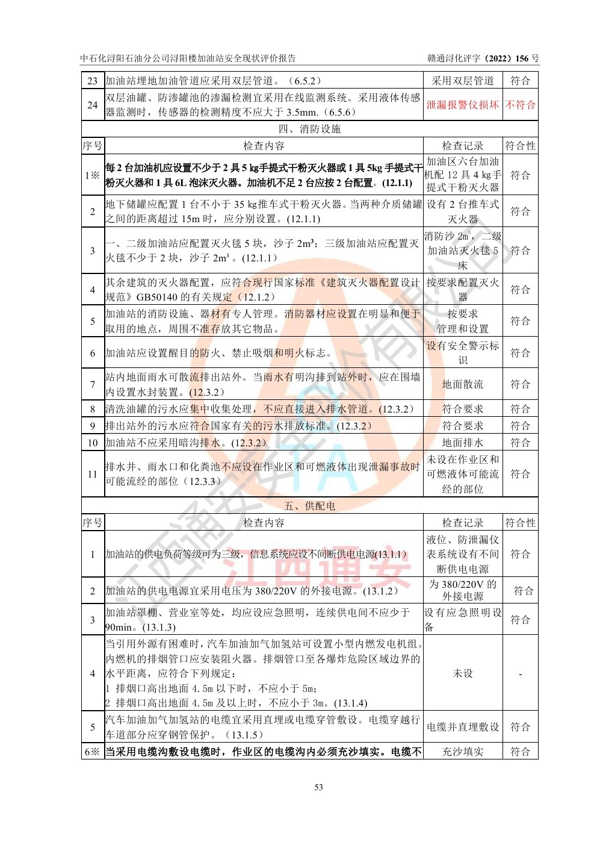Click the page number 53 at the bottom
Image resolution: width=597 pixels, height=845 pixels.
pos(318,787)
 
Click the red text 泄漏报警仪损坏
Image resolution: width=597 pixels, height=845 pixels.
pos(462,105)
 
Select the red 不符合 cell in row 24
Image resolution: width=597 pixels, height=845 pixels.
pos(520,105)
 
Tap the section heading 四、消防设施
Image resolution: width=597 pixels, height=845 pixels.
pos(309,129)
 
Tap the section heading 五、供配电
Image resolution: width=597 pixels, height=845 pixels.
pos(309,506)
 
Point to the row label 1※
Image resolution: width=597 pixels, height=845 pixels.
pos(93,175)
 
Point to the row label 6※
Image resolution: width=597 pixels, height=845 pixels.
pos(93,752)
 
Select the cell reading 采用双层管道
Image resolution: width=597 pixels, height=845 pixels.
pos(462,81)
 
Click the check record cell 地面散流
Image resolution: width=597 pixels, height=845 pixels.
pos(462,384)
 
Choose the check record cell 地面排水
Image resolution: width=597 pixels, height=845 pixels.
pos(462,443)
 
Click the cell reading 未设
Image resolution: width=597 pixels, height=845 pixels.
pos(462,673)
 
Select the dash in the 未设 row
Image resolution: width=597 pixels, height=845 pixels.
pos(520,673)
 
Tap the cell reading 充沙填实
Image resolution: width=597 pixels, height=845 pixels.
pos(462,752)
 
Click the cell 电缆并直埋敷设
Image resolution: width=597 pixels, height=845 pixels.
pos(462,727)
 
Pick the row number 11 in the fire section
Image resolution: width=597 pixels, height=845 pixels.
pos(93,474)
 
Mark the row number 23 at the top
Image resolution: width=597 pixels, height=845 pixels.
pos(93,81)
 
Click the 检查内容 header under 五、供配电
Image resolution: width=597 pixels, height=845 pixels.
pos(264,523)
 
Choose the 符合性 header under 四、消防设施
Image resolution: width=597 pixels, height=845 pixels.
pos(520,146)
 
